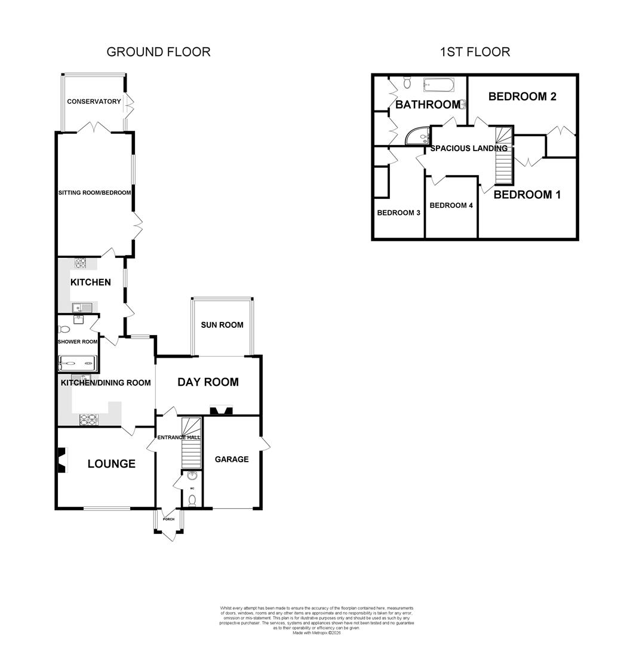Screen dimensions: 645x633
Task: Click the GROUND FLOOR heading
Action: [x=158, y=52]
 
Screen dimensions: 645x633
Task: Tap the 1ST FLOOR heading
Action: [x=475, y=52]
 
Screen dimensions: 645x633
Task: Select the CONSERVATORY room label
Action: [x=94, y=102]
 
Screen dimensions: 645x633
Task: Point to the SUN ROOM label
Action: [x=222, y=325]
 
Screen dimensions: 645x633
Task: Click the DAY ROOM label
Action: [x=208, y=382]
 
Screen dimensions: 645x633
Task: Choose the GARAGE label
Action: [x=232, y=459]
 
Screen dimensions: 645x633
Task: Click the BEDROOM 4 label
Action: [x=451, y=205]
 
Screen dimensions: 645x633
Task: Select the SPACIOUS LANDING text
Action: [x=469, y=148]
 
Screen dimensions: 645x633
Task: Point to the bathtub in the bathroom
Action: [x=439, y=85]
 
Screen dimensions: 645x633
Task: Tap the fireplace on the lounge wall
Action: [x=60, y=460]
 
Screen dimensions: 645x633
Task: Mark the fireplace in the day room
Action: [x=222, y=410]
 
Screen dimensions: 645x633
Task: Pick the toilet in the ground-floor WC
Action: [x=192, y=501]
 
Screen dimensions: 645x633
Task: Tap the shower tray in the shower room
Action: [x=77, y=364]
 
